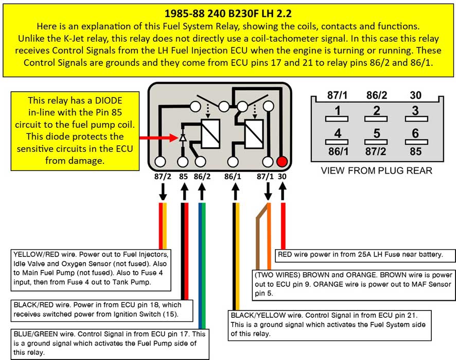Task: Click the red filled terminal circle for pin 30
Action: pyautogui.click(x=282, y=161)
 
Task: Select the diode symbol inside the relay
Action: pyautogui.click(x=183, y=138)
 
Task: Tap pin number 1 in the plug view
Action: pyautogui.click(x=337, y=111)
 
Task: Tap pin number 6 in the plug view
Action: pyautogui.click(x=415, y=134)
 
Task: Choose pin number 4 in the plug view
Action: pyautogui.click(x=337, y=134)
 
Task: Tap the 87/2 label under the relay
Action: pyautogui.click(x=163, y=176)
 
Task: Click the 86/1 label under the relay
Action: pyautogui.click(x=233, y=176)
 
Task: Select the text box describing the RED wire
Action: pyautogui.click(x=360, y=254)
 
